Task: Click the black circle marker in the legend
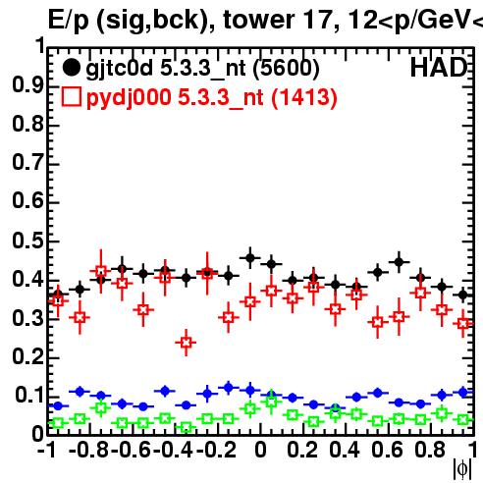[x=71, y=68]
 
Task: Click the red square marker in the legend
[x=71, y=97]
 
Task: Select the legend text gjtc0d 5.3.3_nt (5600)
[x=202, y=69]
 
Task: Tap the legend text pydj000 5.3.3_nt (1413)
[x=211, y=98]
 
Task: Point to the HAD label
[x=439, y=68]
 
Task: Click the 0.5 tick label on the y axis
[x=27, y=241]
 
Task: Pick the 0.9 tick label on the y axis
[x=27, y=85]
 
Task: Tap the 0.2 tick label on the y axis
[x=27, y=356]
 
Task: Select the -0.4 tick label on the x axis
[x=174, y=450]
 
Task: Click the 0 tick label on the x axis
[x=260, y=450]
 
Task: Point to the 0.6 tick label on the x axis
[x=387, y=450]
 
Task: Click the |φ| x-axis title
[x=462, y=469]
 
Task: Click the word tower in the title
[x=259, y=20]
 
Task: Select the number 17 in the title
[x=318, y=20]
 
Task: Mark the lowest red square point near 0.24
[x=187, y=343]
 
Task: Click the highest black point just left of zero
[x=250, y=258]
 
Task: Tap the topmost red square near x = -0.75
[x=101, y=271]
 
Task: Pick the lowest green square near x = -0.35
[x=187, y=427]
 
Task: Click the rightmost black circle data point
[x=462, y=295]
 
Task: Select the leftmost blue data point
[x=58, y=406]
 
